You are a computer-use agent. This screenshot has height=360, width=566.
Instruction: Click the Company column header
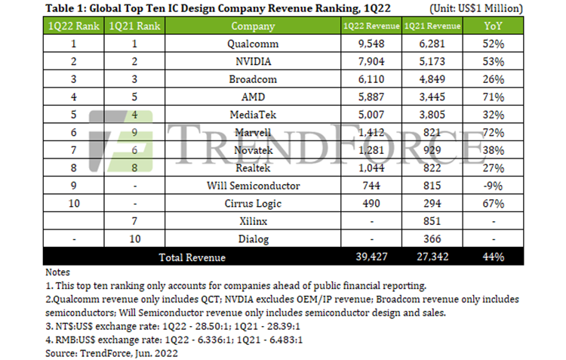pos(248,26)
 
